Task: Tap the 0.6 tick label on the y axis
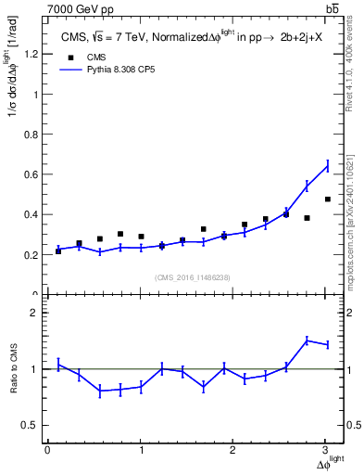point(28,174)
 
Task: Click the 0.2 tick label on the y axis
point(28,255)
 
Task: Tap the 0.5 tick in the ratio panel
point(28,425)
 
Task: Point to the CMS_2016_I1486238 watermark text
point(193,277)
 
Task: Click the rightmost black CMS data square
point(327,199)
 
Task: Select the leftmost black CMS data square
point(58,251)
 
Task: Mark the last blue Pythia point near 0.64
point(327,166)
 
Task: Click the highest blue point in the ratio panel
point(307,340)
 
